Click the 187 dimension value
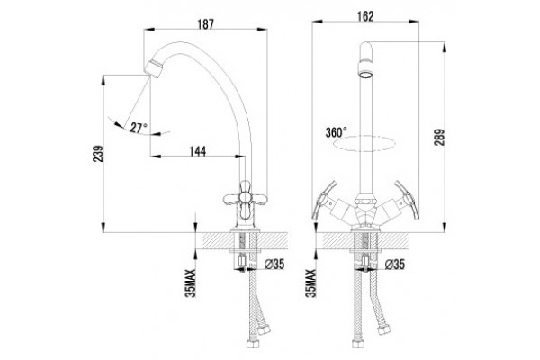(205, 23)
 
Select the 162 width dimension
(365, 16)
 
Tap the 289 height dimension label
(439, 137)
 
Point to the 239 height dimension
(98, 154)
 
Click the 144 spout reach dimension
(198, 151)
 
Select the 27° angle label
(139, 128)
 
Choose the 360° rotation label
(336, 132)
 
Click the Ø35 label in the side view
(274, 265)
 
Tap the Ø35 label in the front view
(395, 265)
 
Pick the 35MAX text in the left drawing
(191, 283)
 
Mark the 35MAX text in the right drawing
(310, 283)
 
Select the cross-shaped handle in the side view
(245, 200)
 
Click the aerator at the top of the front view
(365, 69)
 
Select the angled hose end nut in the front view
(383, 329)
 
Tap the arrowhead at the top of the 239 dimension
(103, 79)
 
